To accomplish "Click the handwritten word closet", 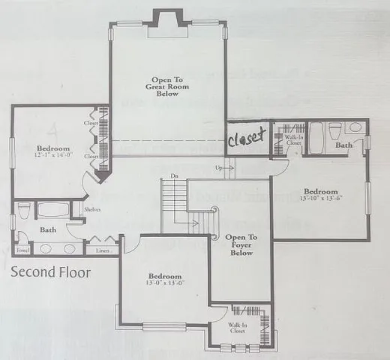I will pyautogui.click(x=247, y=139).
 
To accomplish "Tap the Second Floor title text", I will pyautogui.click(x=51, y=272).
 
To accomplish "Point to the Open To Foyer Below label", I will pyautogui.click(x=241, y=245).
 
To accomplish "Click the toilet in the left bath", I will pyautogui.click(x=24, y=211).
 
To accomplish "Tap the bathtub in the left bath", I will pyautogui.click(x=52, y=210).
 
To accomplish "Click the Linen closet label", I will pyautogui.click(x=103, y=250).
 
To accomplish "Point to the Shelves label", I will pyautogui.click(x=92, y=210).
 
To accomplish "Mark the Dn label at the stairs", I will pyautogui.click(x=173, y=176).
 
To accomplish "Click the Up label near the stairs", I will pyautogui.click(x=218, y=168).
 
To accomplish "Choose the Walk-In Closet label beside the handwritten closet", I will pyautogui.click(x=292, y=139).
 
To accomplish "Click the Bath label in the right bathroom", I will pyautogui.click(x=344, y=145).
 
